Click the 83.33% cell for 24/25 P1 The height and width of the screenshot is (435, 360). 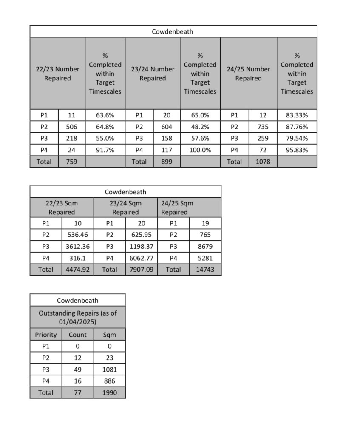[x=297, y=115]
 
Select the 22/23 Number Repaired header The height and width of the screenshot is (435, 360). [x=57, y=74]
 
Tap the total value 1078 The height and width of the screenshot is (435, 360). [x=263, y=162]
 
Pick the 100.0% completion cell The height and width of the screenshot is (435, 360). [x=200, y=150]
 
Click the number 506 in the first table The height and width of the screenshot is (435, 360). [x=71, y=127]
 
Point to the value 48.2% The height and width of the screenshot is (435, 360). [x=200, y=127]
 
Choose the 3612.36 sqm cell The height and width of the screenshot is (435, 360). [x=78, y=246]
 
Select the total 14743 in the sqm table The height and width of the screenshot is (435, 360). [x=205, y=270]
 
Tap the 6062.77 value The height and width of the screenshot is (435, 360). [x=141, y=258]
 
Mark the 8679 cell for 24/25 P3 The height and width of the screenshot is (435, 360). [x=205, y=246]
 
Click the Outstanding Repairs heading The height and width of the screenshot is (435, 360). [x=78, y=317]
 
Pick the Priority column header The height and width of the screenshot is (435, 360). [x=46, y=335]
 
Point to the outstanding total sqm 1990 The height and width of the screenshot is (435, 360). [x=110, y=392]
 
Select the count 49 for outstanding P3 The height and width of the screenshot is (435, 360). [x=78, y=370]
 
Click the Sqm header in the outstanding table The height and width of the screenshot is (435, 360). [x=110, y=335]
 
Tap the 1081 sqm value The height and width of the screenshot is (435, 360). [x=110, y=370]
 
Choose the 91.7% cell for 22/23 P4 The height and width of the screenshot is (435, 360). [x=105, y=150]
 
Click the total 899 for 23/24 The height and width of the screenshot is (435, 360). [x=167, y=162]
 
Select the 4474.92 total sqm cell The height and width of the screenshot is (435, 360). [x=78, y=270]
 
